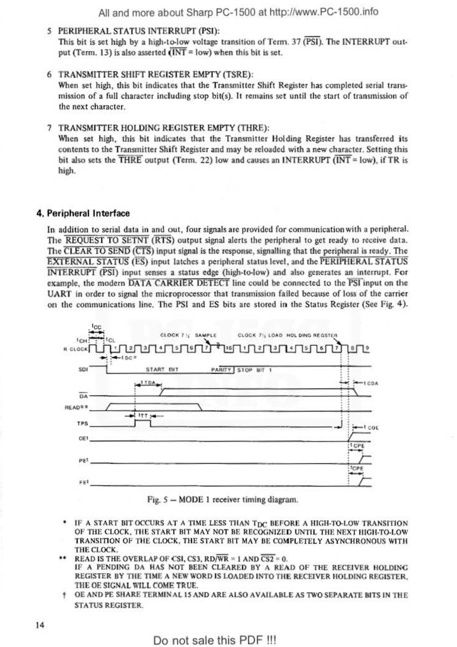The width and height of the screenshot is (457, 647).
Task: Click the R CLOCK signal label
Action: tap(76, 349)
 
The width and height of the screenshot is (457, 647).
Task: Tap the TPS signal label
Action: tap(82, 424)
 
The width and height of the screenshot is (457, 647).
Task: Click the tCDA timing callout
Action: tap(371, 383)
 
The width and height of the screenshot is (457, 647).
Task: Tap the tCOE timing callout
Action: tap(371, 427)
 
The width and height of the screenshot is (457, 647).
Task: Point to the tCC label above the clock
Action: tap(96, 327)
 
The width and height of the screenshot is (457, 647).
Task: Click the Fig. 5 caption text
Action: tap(223, 500)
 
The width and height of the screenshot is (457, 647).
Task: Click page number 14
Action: tap(40, 625)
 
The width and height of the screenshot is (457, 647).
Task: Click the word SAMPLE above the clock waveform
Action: tap(206, 335)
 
